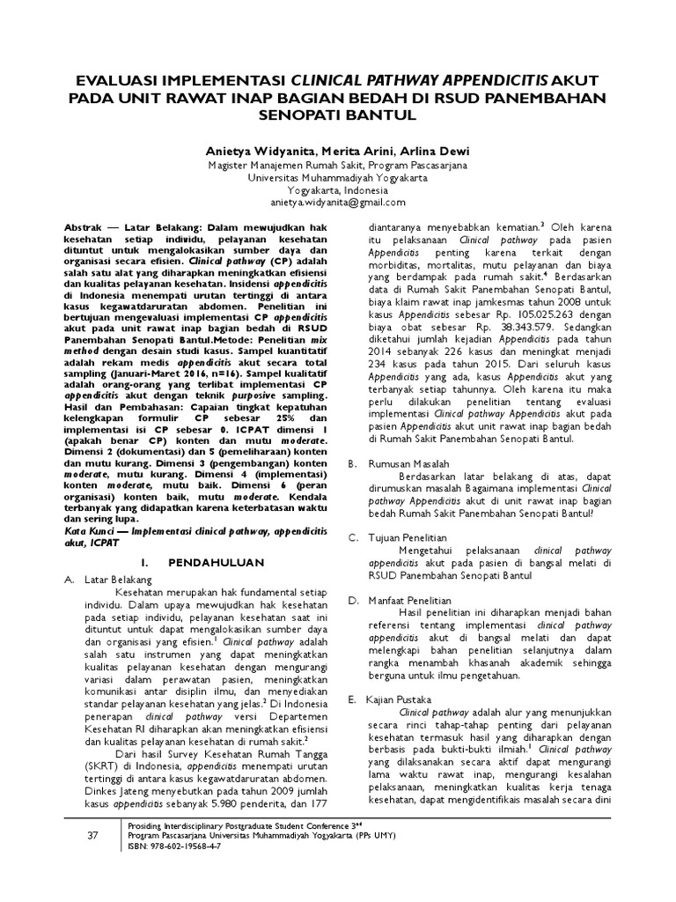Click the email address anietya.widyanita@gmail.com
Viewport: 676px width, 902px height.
[337, 202]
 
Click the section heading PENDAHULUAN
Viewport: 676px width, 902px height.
[204, 559]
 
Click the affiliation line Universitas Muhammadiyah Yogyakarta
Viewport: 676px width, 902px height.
[337, 176]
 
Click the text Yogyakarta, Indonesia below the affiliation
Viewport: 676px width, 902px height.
[337, 189]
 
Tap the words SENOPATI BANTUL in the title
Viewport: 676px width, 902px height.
[338, 115]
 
